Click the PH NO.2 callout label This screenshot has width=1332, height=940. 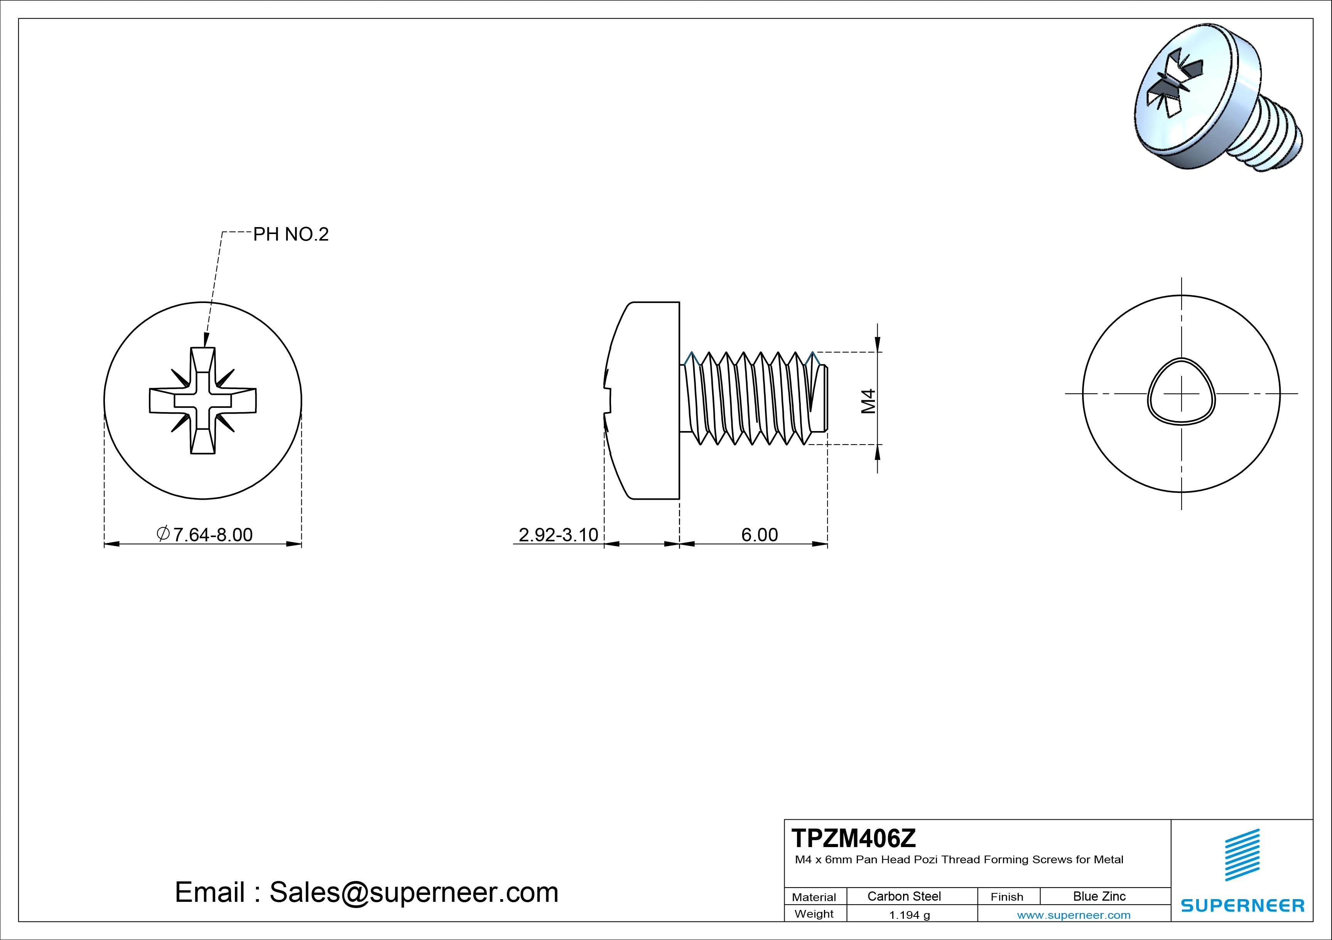[290, 234]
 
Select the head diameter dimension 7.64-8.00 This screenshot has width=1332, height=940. [212, 534]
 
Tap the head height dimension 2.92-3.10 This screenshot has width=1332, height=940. [557, 534]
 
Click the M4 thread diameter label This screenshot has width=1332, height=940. [868, 401]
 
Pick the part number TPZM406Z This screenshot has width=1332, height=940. [853, 838]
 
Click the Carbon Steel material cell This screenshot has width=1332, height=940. [904, 896]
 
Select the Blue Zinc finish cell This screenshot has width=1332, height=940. [1099, 896]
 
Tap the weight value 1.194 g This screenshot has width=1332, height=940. [909, 915]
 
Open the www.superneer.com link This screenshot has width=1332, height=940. [1073, 915]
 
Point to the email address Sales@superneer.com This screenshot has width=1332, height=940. [414, 892]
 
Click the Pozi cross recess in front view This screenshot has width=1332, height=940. [203, 400]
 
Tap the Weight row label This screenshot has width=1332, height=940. [814, 914]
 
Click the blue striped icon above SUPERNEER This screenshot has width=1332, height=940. [1242, 854]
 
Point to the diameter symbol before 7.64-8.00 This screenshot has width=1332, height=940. [164, 533]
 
